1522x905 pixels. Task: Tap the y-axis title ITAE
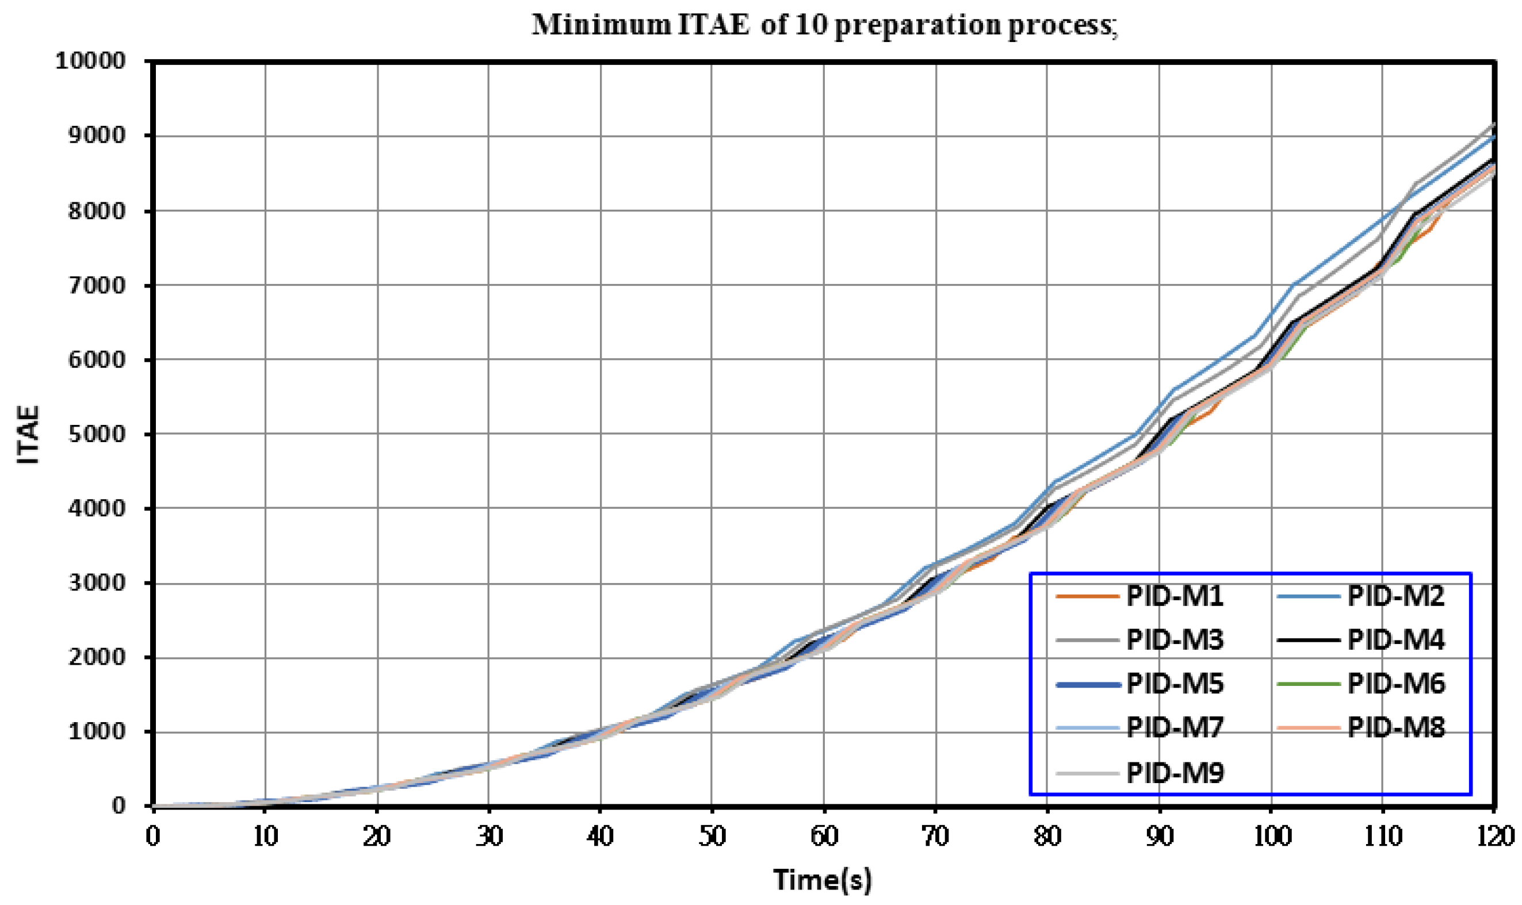coord(28,434)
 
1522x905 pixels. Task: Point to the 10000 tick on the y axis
coord(90,61)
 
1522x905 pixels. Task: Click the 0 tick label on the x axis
coord(152,836)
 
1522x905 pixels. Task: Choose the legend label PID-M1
coord(1175,596)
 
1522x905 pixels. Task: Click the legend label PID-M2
coord(1395,596)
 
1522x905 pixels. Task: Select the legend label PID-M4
coord(1395,640)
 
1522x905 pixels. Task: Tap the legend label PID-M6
coord(1395,684)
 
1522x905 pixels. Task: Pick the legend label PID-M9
coord(1175,773)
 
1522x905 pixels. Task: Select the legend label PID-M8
coord(1395,727)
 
